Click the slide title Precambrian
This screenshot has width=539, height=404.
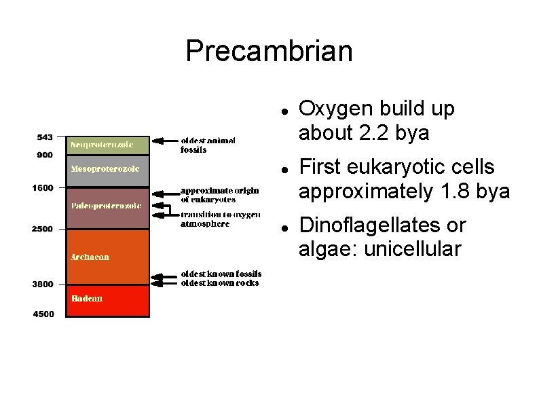269,51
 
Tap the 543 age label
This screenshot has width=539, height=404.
45,136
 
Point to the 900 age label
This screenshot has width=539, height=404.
45,154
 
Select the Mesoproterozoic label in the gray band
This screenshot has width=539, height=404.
105,168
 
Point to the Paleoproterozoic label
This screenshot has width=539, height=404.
106,205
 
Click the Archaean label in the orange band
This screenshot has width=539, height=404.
90,257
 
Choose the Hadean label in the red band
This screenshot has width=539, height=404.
87,298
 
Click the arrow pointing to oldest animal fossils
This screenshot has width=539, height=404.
164,141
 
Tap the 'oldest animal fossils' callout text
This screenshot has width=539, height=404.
208,145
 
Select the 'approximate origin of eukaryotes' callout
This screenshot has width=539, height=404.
219,195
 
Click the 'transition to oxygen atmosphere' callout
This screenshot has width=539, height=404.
220,219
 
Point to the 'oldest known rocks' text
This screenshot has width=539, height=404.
219,282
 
